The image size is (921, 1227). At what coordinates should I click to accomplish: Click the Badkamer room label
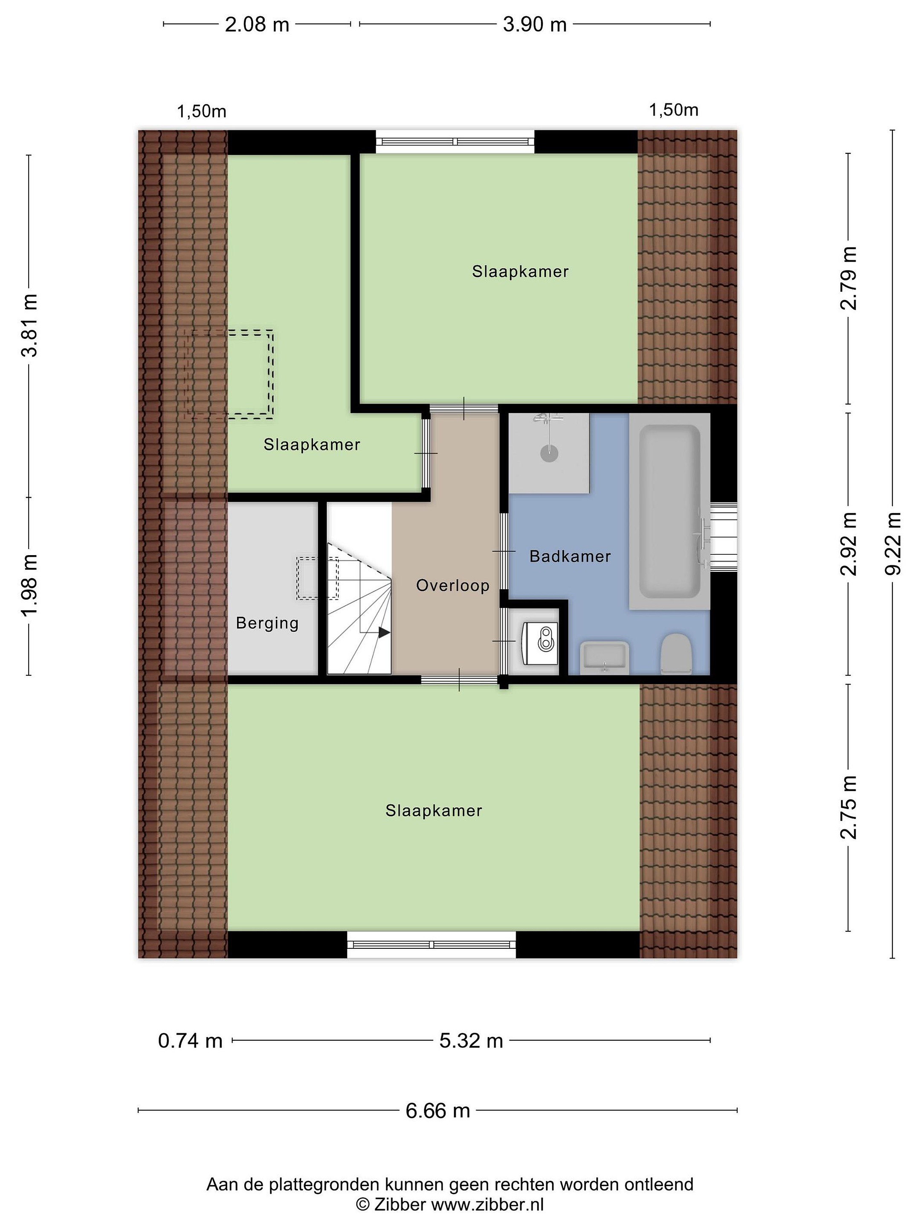570,556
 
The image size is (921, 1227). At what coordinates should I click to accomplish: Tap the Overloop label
452,586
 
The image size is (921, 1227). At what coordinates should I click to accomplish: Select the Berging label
267,623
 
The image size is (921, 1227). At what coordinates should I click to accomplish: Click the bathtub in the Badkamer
669,511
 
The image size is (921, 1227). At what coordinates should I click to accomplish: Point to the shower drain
548,454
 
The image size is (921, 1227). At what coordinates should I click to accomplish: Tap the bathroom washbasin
604,658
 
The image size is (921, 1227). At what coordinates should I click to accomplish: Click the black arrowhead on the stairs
384,632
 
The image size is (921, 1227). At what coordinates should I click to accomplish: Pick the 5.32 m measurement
471,1041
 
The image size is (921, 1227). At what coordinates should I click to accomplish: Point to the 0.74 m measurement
190,1041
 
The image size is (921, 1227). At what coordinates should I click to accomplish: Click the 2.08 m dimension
257,24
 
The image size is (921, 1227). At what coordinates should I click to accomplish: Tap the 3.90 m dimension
535,24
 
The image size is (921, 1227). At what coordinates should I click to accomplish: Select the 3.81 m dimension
29,325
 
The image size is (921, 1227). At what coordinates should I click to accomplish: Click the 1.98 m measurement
29,585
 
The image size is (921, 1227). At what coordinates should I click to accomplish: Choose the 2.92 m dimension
848,544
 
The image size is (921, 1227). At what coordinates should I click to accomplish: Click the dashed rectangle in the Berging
317,578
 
